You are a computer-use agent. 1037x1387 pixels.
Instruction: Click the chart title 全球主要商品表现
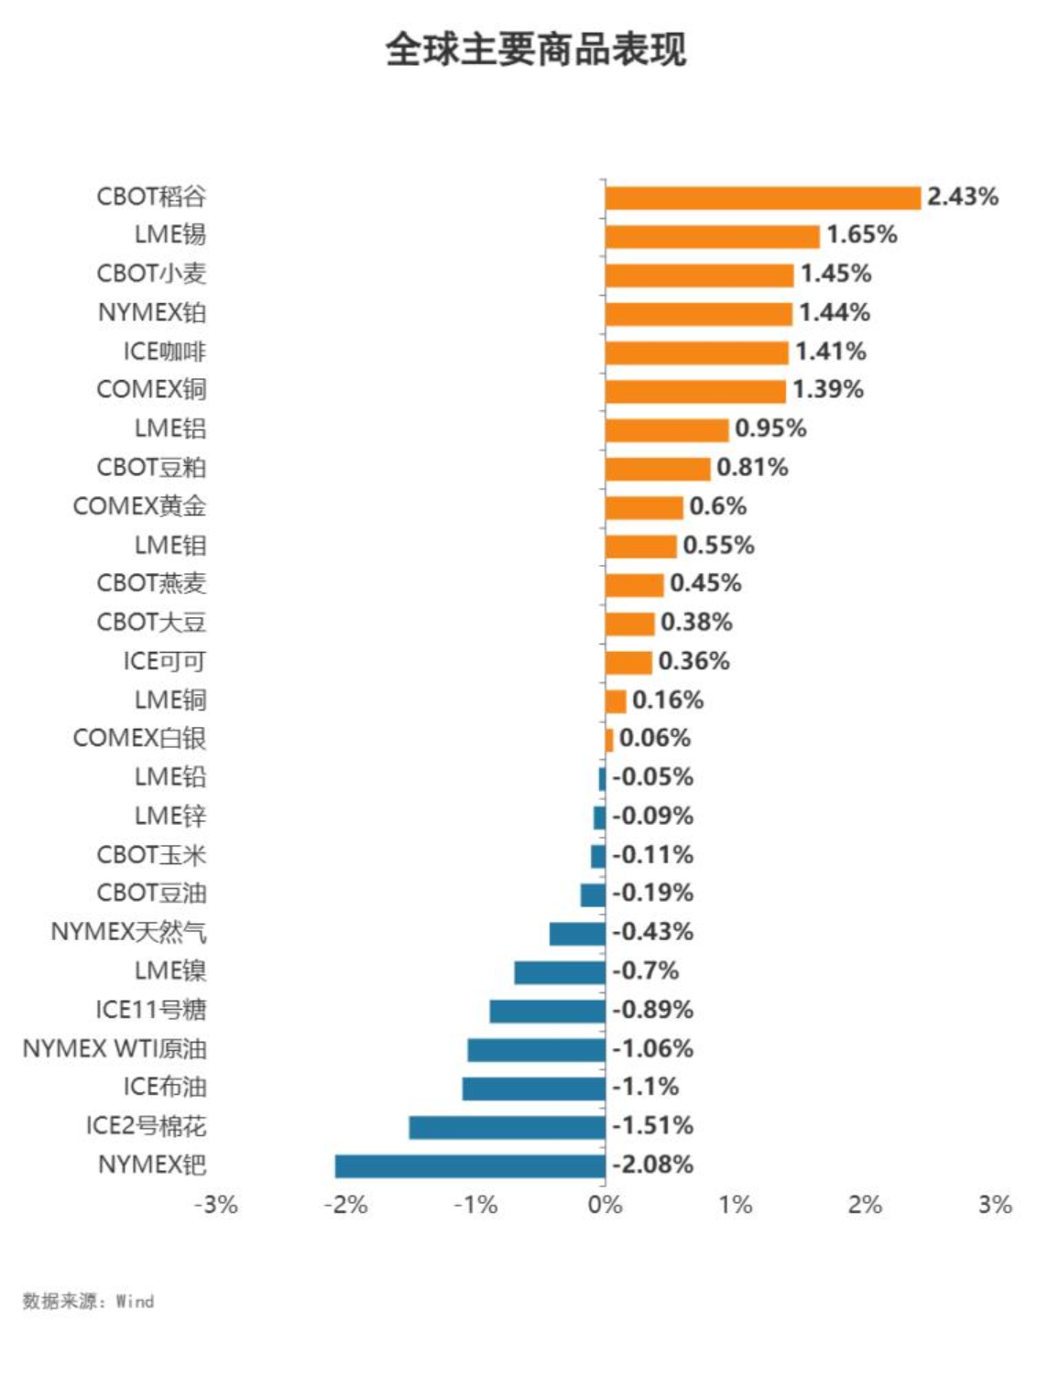536,49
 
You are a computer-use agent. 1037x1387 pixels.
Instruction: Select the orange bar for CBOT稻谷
762,198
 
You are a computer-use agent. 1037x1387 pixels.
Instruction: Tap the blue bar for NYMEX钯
470,1165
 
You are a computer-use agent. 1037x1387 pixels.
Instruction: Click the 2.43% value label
962,197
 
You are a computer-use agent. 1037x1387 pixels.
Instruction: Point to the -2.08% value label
653,1165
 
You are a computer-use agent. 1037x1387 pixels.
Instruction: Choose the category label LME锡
170,235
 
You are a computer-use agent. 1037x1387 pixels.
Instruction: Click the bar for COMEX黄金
644,507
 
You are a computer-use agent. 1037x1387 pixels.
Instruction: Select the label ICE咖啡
165,352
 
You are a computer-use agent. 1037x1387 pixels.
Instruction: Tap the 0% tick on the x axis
605,1205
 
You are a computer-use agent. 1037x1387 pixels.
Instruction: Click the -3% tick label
216,1205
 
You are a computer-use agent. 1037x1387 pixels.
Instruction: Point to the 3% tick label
995,1205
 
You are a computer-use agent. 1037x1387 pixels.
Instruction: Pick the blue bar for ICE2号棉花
507,1127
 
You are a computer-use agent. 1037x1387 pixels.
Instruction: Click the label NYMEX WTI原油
115,1048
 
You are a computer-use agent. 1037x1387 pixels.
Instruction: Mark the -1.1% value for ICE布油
646,1088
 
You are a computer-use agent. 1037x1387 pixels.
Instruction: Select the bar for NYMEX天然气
577,933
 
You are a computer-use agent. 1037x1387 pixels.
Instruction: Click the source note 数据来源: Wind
88,1301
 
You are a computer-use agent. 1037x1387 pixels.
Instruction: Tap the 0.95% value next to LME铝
770,428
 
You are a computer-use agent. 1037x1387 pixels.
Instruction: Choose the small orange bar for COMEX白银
609,739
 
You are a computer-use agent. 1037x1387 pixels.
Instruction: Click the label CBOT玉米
152,855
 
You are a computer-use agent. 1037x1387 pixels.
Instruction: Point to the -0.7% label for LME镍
646,970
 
